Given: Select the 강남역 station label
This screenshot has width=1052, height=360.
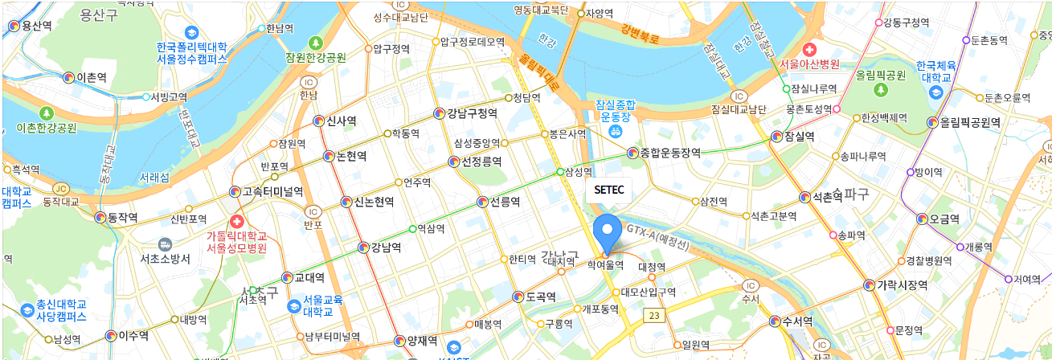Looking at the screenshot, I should pos(386,247).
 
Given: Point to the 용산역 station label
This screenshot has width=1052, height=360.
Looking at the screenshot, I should pos(37,27).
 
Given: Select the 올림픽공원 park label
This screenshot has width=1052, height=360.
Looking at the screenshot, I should pos(881,75).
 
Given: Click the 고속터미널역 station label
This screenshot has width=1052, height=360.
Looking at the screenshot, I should pos(272,192).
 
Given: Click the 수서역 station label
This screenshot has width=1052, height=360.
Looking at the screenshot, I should pos(797,321).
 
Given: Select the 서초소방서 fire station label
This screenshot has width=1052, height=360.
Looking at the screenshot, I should pos(165,259).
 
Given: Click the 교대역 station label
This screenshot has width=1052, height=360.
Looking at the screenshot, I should pos(309,278).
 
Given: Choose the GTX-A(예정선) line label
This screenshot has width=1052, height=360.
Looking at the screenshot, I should pos(657,237).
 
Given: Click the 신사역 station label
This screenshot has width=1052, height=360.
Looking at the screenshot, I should pos(341,121).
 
